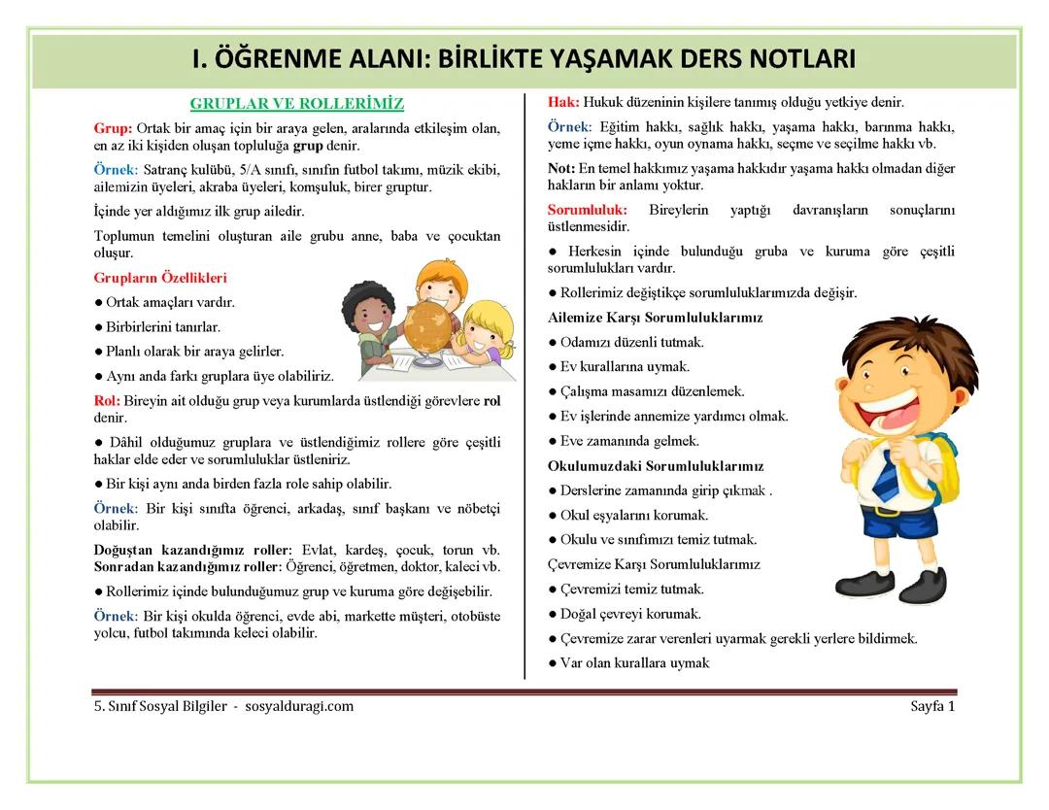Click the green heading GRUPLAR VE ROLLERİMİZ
point(296,103)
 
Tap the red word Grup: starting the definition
point(113,128)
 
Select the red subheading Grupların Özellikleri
point(160,278)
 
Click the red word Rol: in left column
point(107,400)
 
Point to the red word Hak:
point(563,102)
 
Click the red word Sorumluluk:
point(587,210)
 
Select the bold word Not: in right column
point(561,168)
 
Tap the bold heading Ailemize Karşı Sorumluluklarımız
point(655,318)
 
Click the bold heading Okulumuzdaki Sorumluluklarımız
point(656,466)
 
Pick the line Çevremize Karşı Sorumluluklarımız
point(654,564)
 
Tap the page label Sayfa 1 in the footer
point(932,706)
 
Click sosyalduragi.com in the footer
point(299,706)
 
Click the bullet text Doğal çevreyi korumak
point(630,614)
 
